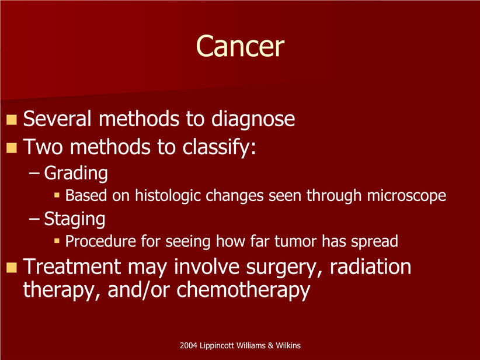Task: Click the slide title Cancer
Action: coord(240,46)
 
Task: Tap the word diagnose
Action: coord(253,120)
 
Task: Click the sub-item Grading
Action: coord(76,174)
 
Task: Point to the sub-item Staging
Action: coord(75,220)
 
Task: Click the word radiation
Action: coord(370,266)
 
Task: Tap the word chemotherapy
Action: coord(244,290)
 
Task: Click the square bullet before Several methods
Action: coord(12,119)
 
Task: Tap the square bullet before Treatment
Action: coord(12,268)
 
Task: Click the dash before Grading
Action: coord(34,174)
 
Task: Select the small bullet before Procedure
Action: coord(57,241)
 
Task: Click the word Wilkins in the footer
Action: coord(288,345)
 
